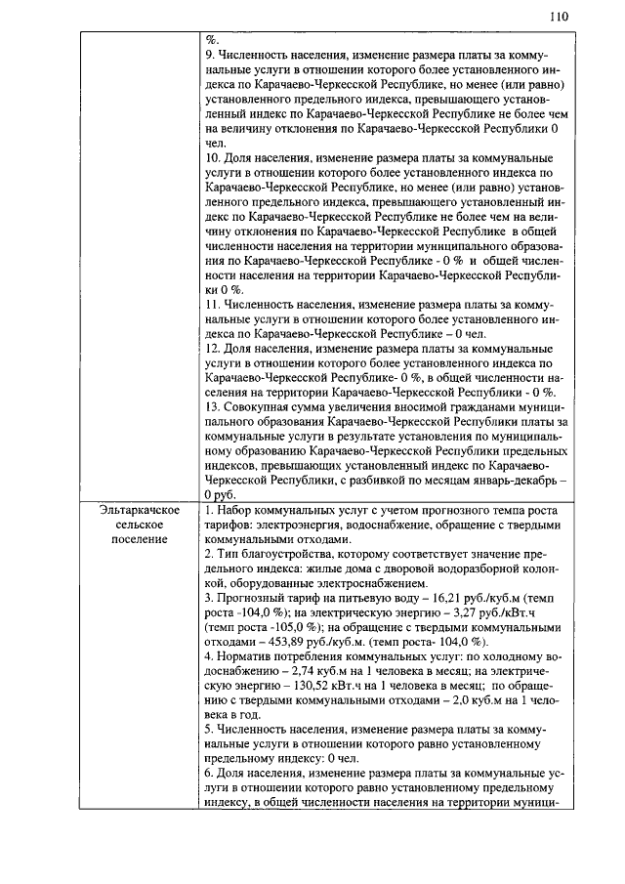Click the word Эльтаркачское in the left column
coord(138,510)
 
